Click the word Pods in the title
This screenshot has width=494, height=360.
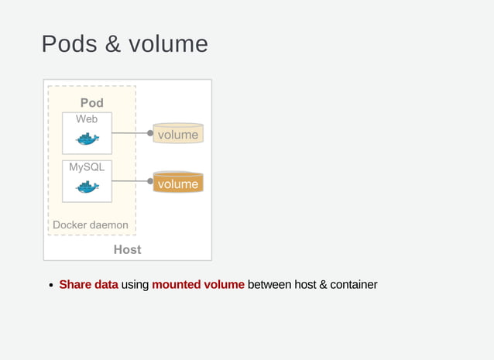click(x=70, y=43)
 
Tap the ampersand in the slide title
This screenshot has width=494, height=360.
click(x=112, y=43)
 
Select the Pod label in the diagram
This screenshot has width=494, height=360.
click(x=91, y=103)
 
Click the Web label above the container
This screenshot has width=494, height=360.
click(x=87, y=119)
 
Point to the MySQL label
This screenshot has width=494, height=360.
click(x=87, y=166)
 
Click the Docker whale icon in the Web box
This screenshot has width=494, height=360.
click(x=87, y=139)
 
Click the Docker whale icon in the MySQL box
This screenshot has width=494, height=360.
click(x=87, y=187)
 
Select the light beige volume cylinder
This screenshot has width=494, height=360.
click(x=178, y=135)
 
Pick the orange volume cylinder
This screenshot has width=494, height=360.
click(x=178, y=183)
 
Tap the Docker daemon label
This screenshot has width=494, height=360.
click(x=91, y=225)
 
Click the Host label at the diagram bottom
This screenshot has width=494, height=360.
click(x=127, y=249)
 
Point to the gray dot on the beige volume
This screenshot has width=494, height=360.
click(x=150, y=133)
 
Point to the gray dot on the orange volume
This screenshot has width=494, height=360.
click(x=150, y=181)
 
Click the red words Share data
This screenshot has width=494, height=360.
click(x=88, y=285)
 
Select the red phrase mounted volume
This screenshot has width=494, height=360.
click(x=198, y=285)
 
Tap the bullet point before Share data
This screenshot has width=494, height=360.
click(x=51, y=286)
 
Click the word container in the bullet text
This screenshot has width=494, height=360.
click(x=353, y=285)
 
